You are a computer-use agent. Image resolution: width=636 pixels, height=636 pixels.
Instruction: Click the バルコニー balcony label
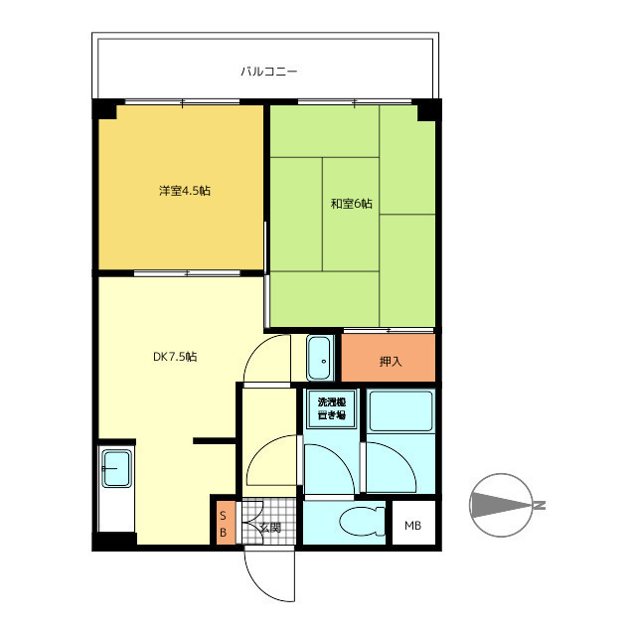click(x=269, y=72)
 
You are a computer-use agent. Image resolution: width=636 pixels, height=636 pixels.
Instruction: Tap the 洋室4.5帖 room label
click(x=185, y=191)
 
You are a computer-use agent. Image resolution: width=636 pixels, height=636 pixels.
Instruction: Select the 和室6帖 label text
click(x=351, y=203)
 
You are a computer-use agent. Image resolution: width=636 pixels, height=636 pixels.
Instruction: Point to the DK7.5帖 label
click(x=175, y=357)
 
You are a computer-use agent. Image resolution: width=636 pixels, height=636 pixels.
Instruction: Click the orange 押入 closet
click(x=389, y=358)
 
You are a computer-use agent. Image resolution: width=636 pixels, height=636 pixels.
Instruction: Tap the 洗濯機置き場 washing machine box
click(x=332, y=408)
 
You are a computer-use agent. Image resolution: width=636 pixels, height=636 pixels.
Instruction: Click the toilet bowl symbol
click(x=362, y=521)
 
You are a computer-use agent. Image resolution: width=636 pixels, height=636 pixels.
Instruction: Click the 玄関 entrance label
click(x=270, y=528)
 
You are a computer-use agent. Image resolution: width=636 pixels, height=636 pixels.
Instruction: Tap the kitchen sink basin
click(x=116, y=468)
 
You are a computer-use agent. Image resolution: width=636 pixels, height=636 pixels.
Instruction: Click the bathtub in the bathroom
click(x=400, y=410)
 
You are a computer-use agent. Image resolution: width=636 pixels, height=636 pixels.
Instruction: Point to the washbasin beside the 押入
click(x=320, y=358)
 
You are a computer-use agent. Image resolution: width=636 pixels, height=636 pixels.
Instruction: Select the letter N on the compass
click(x=540, y=506)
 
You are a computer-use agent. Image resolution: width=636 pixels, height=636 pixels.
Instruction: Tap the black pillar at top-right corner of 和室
click(x=427, y=110)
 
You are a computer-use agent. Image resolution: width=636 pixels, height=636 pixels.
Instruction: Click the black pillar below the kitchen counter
click(x=115, y=541)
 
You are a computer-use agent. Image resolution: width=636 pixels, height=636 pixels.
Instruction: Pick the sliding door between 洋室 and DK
click(x=187, y=273)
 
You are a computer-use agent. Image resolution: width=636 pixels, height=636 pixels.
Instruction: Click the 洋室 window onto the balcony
click(x=182, y=102)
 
